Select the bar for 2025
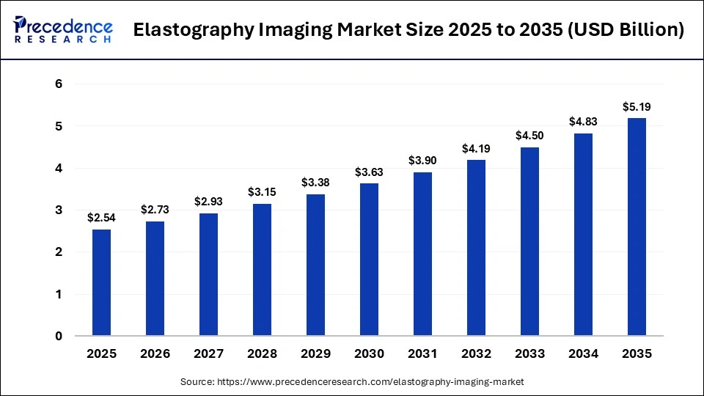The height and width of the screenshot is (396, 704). point(101,282)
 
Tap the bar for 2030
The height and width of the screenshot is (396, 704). point(369,260)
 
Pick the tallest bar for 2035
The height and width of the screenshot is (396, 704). point(637,227)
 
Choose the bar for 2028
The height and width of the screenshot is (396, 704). point(262,270)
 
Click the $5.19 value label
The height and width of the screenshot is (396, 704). point(637,107)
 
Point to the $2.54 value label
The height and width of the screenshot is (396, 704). point(101,218)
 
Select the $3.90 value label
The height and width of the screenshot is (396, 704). point(422,161)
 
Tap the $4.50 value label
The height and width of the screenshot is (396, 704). point(529,136)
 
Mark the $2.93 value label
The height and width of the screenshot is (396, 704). point(208,202)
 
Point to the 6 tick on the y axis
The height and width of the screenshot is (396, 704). point(59,84)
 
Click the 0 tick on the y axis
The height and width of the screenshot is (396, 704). point(59,337)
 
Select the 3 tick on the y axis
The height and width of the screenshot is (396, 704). point(59,210)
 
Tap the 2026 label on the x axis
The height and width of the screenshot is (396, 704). point(155,354)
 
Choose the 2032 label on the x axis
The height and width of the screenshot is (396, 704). point(476,354)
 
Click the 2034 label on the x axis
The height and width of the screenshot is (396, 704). point(583,354)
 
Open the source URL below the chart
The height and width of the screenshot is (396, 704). point(374,382)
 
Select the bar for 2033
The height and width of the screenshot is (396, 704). point(529,242)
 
